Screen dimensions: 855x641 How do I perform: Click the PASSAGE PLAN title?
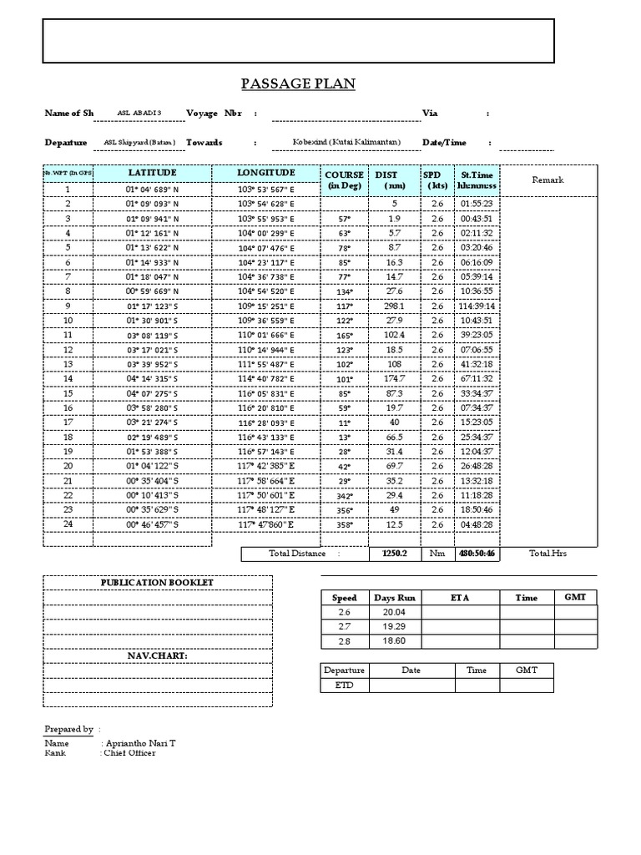tap(298, 83)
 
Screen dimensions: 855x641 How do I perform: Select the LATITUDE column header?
tap(152, 173)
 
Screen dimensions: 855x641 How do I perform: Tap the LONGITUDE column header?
tap(266, 173)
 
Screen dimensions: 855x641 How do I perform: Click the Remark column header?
tap(548, 180)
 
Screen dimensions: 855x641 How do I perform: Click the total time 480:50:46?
tap(477, 553)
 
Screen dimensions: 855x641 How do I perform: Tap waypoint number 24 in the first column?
tap(68, 524)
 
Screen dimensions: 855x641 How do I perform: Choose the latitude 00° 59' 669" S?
tap(152, 291)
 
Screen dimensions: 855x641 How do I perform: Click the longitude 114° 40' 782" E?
tap(266, 379)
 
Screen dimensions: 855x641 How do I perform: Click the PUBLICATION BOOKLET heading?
tap(157, 582)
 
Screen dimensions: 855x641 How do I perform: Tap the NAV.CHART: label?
tap(157, 655)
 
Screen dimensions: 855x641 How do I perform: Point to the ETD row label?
tap(344, 686)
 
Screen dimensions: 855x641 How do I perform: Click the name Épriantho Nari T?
tap(139, 742)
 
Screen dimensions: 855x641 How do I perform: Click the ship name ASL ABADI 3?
tap(139, 113)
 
